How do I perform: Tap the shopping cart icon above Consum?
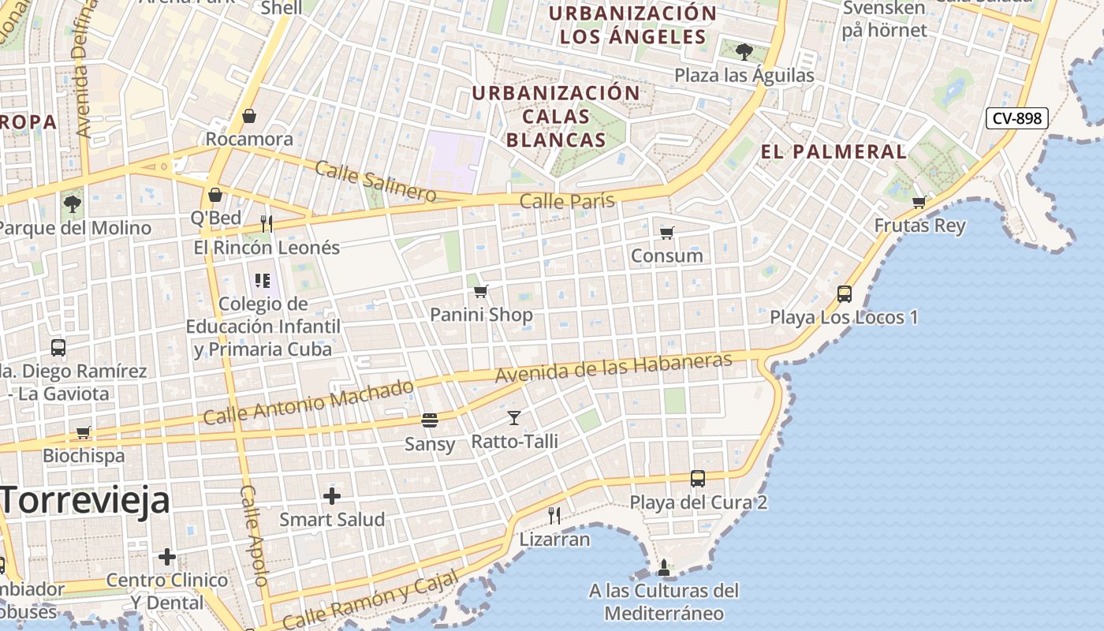(667, 233)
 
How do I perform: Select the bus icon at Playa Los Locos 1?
(845, 294)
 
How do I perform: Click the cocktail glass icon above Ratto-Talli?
(514, 418)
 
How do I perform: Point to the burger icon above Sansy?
(430, 420)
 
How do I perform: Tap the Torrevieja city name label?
(85, 500)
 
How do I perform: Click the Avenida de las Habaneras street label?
(614, 368)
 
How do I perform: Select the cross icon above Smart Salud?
(332, 496)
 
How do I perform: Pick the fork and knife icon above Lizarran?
(554, 516)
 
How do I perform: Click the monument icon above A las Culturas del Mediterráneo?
(664, 567)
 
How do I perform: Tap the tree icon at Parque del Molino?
(72, 204)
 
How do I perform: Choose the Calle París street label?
(567, 201)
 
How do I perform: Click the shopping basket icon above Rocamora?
(249, 116)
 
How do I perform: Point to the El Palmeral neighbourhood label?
(834, 151)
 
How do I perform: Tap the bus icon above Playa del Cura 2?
(698, 478)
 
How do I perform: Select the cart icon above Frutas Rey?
(919, 202)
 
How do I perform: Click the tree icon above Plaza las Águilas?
(744, 52)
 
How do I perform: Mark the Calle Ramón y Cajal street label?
(370, 600)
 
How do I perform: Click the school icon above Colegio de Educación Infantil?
(263, 280)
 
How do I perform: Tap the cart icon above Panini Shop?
(481, 291)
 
